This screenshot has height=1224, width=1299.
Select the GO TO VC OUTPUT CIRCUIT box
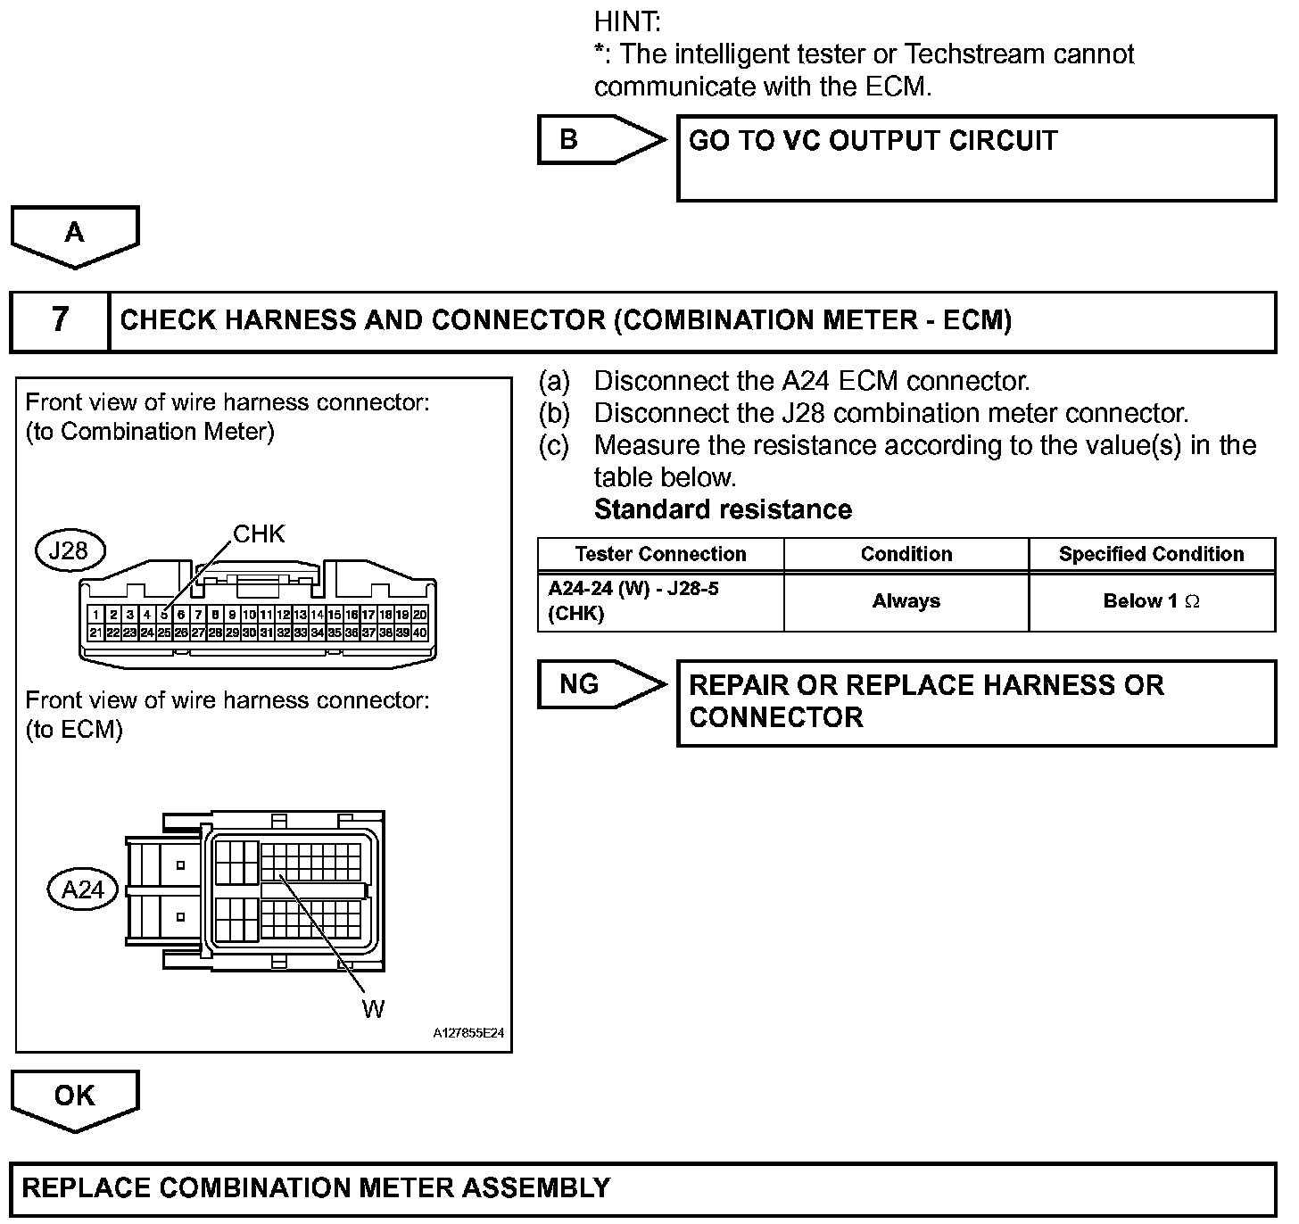click(976, 158)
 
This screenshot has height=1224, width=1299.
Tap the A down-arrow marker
click(75, 234)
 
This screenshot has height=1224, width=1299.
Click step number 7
click(60, 320)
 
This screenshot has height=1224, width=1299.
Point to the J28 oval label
click(69, 550)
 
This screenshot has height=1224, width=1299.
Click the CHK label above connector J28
click(259, 534)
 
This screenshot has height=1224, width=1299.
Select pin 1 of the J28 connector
click(96, 615)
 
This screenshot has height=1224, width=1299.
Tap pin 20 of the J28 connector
click(420, 615)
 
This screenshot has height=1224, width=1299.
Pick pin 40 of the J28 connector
click(420, 633)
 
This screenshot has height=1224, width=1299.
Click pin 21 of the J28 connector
click(96, 633)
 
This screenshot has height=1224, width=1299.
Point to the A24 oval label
click(82, 889)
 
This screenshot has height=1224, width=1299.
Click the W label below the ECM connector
click(373, 1009)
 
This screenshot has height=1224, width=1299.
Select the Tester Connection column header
click(660, 554)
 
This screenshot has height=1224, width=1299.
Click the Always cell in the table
click(906, 601)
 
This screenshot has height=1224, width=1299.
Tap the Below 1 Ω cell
click(1151, 601)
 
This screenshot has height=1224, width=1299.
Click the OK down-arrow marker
click(75, 1097)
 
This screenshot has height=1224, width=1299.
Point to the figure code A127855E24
click(469, 1033)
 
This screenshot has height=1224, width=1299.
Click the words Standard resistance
click(723, 509)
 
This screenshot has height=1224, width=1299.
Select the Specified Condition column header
click(1151, 554)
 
